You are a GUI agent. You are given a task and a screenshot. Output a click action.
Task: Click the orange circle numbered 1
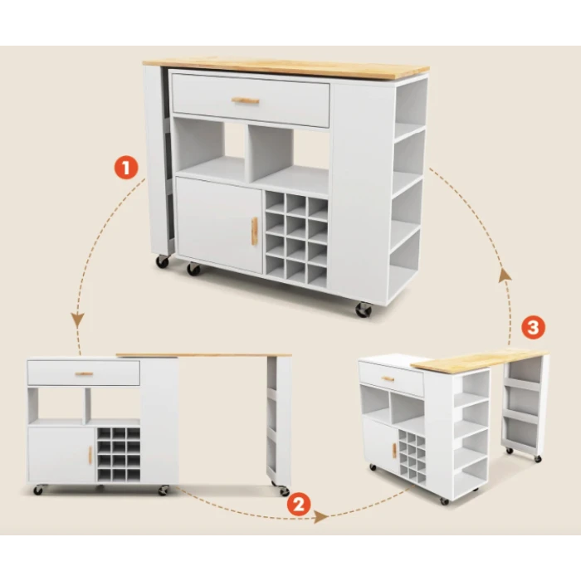(x=126, y=168)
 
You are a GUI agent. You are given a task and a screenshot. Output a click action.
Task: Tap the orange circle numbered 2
(x=299, y=504)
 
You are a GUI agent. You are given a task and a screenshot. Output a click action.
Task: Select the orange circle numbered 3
(x=533, y=328)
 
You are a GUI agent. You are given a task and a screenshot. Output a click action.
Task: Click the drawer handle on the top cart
(x=246, y=100)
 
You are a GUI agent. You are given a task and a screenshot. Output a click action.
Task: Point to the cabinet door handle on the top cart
(x=254, y=232)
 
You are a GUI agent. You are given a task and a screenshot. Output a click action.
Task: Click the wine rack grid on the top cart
(x=296, y=240)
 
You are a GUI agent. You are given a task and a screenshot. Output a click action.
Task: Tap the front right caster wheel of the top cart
(x=364, y=310)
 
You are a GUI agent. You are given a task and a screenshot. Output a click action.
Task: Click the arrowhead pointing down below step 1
(x=78, y=320)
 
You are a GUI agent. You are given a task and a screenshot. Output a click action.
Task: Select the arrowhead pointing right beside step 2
(x=321, y=516)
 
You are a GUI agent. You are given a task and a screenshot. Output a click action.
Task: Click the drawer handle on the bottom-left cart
(x=84, y=373)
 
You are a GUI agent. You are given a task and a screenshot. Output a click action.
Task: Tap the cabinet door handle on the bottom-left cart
(x=90, y=455)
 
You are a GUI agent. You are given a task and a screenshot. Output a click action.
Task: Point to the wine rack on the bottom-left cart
(x=119, y=455)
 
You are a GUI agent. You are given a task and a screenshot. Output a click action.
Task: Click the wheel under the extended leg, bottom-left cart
(x=284, y=491)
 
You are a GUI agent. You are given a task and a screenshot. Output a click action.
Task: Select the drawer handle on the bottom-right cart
(x=388, y=379)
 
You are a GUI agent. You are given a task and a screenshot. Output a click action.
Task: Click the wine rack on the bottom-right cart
(x=412, y=453)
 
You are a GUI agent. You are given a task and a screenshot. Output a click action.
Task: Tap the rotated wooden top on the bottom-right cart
(x=479, y=359)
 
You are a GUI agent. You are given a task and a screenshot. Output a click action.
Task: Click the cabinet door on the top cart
(x=219, y=226)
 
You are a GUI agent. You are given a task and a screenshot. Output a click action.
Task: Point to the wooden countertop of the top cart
(x=286, y=69)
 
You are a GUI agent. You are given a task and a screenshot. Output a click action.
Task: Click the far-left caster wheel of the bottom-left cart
(x=38, y=491)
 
